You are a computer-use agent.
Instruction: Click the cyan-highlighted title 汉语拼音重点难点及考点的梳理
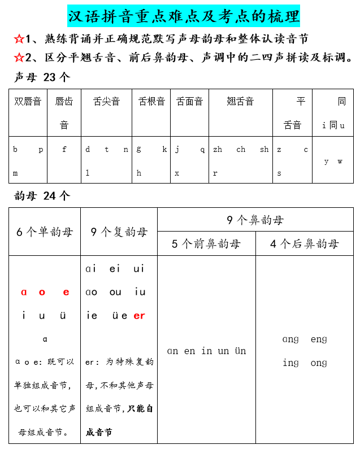point(184,16)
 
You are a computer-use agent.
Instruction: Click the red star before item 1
point(19,39)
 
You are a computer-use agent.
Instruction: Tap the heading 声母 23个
point(42,77)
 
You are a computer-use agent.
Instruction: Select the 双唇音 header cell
point(28,102)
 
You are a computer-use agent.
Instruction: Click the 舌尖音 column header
point(106,102)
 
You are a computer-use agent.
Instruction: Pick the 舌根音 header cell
point(151,102)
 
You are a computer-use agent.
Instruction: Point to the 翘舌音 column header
point(240,102)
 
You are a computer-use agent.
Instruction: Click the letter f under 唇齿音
point(64,150)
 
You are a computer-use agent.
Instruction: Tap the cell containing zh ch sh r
point(240,160)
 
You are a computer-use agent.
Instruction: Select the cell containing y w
point(333,162)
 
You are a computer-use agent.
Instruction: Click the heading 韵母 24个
point(42,196)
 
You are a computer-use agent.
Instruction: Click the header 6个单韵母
point(45,232)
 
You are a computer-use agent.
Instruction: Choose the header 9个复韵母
point(119,232)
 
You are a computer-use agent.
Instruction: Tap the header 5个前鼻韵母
point(206,244)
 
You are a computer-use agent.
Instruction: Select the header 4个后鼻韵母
point(304,244)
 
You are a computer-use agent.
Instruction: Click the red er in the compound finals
point(139,316)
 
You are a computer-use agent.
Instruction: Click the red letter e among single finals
point(66,292)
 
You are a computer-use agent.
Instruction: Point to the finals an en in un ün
point(206,351)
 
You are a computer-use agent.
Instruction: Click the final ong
point(319,363)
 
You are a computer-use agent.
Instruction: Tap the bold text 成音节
point(99,432)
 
